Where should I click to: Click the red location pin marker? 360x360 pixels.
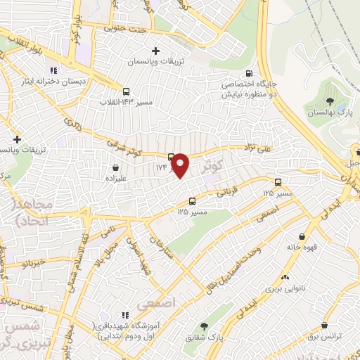tap(181, 165)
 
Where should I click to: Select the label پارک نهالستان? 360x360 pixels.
tap(328, 113)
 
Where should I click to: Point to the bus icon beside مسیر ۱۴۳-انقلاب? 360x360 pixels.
tap(126, 91)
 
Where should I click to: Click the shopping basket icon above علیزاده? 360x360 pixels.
tap(115, 167)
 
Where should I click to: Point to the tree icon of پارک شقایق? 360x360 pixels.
tap(205, 326)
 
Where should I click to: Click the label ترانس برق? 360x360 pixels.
tap(324, 337)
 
